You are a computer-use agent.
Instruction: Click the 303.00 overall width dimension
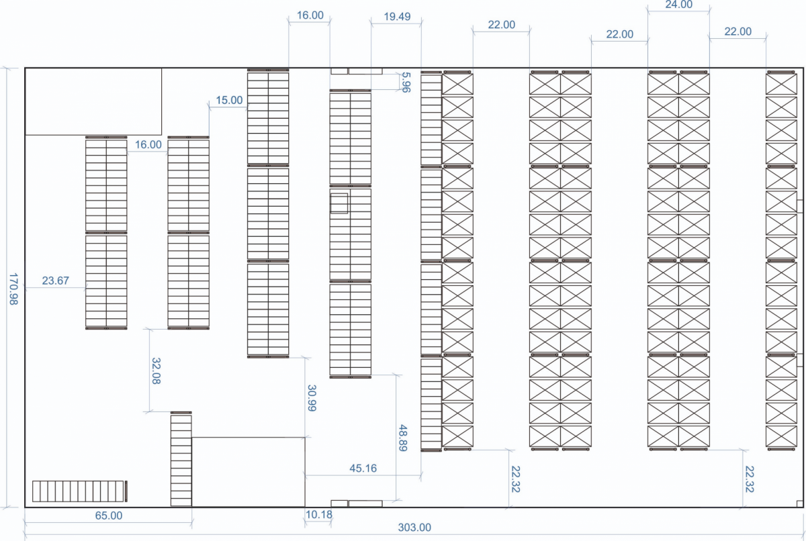[414, 528]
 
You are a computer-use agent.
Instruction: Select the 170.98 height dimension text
[13, 289]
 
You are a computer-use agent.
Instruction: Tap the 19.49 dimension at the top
[397, 17]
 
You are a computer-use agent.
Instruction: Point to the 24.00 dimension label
[678, 5]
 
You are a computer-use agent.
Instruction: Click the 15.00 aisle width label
[229, 100]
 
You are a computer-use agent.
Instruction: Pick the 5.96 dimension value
[406, 83]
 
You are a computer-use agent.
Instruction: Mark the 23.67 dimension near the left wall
[55, 281]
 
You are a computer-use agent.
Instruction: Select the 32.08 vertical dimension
[156, 371]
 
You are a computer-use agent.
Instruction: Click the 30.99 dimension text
[312, 398]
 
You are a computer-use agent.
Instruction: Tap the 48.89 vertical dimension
[403, 438]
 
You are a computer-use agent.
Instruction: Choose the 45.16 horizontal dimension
[363, 468]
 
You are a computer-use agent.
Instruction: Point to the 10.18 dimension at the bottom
[319, 514]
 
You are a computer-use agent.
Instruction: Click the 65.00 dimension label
[109, 515]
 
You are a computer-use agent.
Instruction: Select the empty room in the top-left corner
[93, 102]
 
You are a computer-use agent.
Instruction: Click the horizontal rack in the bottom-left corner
[79, 491]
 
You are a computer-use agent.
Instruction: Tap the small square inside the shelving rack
[339, 203]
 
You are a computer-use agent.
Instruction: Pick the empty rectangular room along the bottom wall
[249, 472]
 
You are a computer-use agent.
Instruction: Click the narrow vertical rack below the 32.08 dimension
[181, 458]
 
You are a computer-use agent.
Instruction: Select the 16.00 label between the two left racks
[148, 144]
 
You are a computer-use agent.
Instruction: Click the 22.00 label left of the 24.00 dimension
[619, 34]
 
